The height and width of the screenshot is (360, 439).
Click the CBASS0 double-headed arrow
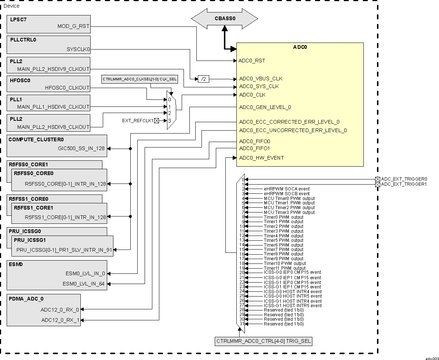click(x=224, y=18)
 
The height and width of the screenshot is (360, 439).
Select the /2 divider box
click(x=203, y=79)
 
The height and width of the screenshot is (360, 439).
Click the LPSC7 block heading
click(x=18, y=19)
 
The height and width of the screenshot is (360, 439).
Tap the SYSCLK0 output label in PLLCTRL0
click(x=78, y=49)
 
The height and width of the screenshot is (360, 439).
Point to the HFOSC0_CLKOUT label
click(x=67, y=88)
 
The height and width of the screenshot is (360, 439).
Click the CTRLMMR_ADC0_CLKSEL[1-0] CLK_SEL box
click(x=139, y=79)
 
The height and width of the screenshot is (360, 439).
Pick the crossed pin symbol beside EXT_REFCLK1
click(x=157, y=120)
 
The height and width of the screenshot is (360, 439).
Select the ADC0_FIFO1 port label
click(x=254, y=148)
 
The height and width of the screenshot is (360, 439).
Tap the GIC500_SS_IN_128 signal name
click(x=81, y=149)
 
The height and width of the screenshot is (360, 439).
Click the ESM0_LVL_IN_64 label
click(x=84, y=283)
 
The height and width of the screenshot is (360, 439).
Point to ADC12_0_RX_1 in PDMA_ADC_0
click(x=60, y=320)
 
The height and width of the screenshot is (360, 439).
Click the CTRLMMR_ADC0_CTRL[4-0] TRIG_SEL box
click(x=264, y=341)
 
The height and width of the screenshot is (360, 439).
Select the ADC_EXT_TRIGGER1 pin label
click(x=404, y=184)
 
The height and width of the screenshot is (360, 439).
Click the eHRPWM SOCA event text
click(x=287, y=189)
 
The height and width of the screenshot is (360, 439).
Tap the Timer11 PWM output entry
click(x=284, y=268)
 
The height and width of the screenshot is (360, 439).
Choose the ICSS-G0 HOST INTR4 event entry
click(x=293, y=291)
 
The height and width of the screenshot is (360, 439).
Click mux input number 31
click(x=242, y=324)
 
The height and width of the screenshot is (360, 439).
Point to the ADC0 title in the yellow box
click(x=300, y=47)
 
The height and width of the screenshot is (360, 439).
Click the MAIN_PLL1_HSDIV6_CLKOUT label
click(x=53, y=107)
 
